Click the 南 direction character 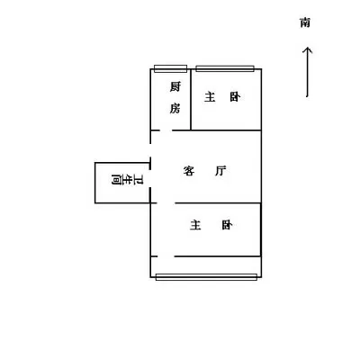tap(305, 22)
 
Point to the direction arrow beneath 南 tap(307, 72)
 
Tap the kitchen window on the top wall tap(170, 68)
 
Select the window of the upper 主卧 tap(225, 68)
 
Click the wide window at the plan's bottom tap(206, 277)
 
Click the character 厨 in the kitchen tap(175, 86)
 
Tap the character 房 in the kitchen tap(175, 108)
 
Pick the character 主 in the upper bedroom tap(210, 97)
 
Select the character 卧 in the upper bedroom tap(235, 97)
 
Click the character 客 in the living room tap(189, 171)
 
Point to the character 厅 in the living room tap(220, 171)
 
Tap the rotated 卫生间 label tap(127, 180)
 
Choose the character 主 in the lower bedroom tap(195, 225)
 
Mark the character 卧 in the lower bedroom tap(227, 225)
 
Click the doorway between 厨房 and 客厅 tap(166, 130)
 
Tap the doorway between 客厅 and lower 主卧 tap(166, 203)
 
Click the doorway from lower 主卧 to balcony tap(166, 256)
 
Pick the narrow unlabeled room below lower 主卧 tap(206, 265)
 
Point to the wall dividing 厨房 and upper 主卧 tap(191, 100)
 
